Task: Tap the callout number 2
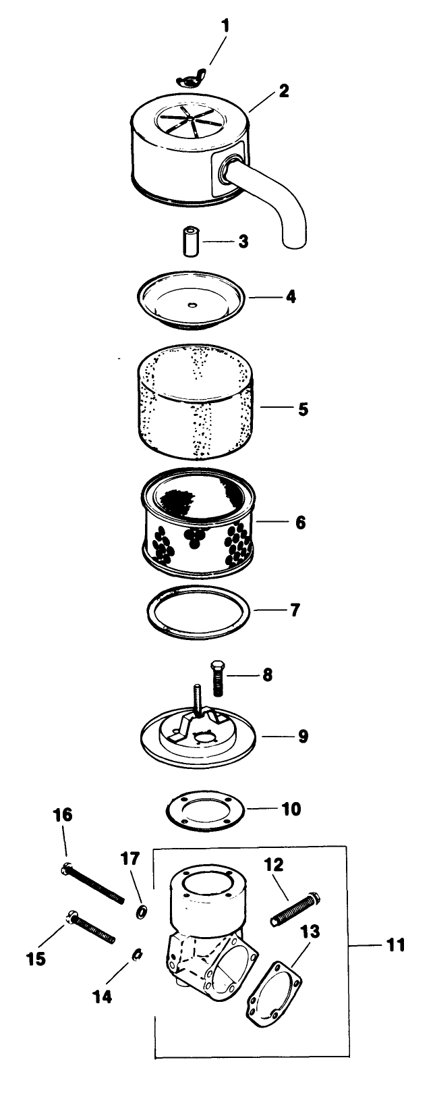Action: (x=284, y=90)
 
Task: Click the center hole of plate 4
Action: (x=192, y=305)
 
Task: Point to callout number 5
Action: (x=303, y=408)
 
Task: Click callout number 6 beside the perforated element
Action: (x=299, y=522)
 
